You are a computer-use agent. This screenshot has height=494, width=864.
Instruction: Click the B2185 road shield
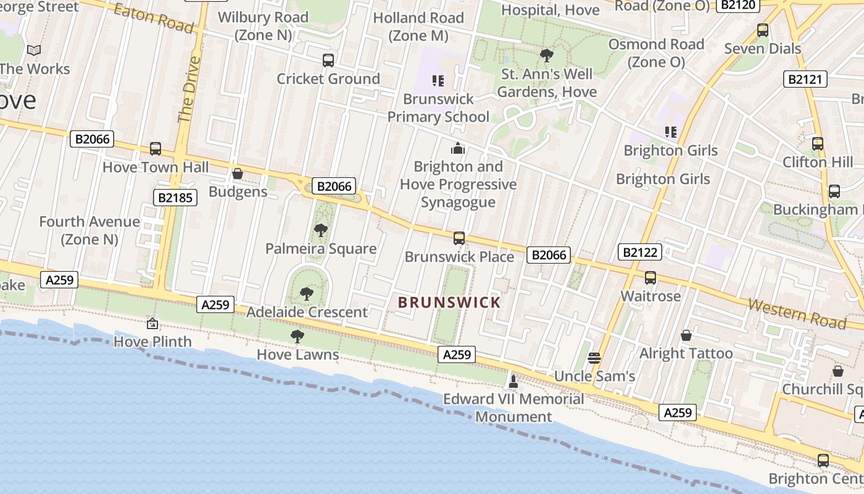click(175, 198)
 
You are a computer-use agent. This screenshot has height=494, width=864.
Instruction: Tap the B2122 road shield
click(640, 252)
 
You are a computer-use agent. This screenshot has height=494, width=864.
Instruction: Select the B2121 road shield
click(806, 79)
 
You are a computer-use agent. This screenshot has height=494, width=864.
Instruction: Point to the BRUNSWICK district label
click(449, 303)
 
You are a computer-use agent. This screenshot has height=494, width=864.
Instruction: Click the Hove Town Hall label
click(156, 167)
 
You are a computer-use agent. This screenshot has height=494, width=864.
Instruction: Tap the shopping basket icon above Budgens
click(238, 174)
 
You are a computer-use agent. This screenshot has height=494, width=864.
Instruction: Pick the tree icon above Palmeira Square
click(320, 230)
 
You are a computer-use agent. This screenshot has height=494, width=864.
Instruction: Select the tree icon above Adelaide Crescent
click(306, 293)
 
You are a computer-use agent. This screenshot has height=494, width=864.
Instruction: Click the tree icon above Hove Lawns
click(297, 337)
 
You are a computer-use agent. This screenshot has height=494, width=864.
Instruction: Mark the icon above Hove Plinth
click(152, 323)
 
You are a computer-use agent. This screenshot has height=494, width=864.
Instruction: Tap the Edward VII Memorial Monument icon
click(513, 381)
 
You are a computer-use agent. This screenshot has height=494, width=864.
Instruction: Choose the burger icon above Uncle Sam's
click(594, 358)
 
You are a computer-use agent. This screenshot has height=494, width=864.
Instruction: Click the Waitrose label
click(650, 296)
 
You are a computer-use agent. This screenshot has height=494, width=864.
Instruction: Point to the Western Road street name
click(797, 313)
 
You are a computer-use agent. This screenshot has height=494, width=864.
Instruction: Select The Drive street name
click(189, 90)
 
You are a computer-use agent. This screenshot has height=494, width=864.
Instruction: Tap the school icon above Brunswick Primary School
click(438, 81)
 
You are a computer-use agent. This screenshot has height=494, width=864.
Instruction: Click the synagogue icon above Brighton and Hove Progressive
click(458, 148)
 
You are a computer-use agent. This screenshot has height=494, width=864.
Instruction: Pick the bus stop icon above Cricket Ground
click(328, 61)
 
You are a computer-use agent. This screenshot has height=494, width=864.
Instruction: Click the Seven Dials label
click(762, 48)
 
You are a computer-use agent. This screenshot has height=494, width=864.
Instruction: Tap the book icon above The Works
click(35, 51)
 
